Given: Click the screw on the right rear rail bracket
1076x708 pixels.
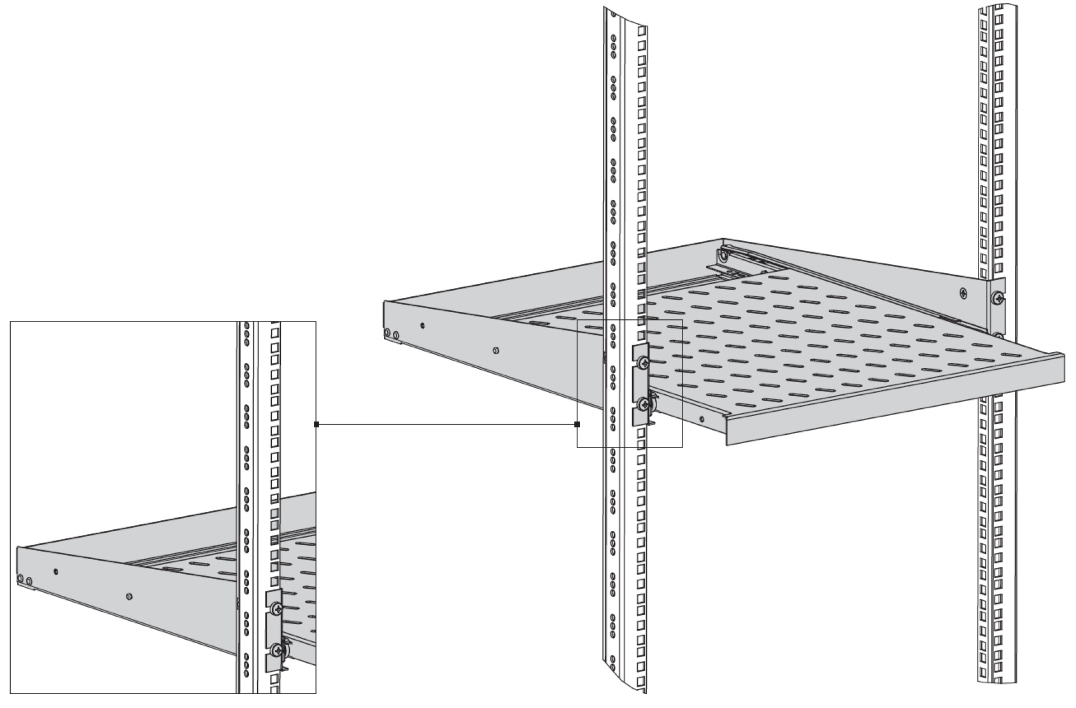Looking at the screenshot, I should (x=998, y=298).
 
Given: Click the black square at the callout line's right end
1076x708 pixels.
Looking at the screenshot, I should (x=577, y=425).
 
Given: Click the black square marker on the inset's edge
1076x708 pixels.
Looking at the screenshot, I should (x=317, y=425).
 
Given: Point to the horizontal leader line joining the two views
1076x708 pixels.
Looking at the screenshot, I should (x=448, y=425).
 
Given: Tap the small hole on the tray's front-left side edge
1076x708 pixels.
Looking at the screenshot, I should (x=702, y=418).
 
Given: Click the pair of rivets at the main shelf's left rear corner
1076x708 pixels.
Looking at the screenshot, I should (x=391, y=334).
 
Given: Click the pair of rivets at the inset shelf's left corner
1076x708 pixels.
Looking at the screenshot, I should (x=25, y=579).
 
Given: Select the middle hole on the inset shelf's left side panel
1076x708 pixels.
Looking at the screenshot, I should (x=129, y=597).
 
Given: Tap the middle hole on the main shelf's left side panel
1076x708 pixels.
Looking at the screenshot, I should (x=495, y=351).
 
